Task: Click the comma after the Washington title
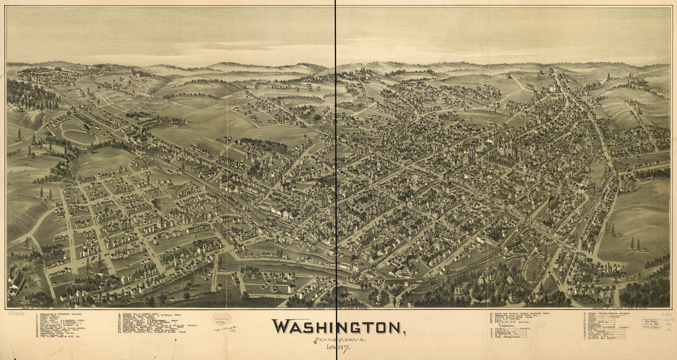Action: [x=404, y=332]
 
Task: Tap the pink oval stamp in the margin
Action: [x=222, y=319]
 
